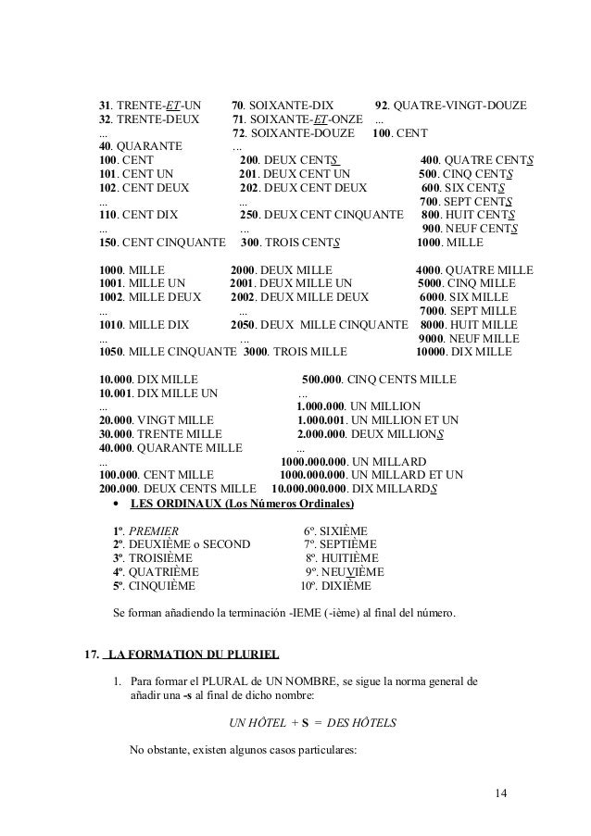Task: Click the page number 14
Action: (x=502, y=792)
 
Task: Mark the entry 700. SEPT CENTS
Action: (x=468, y=202)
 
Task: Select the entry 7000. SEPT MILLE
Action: (x=468, y=310)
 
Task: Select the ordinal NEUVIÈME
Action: (x=350, y=572)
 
